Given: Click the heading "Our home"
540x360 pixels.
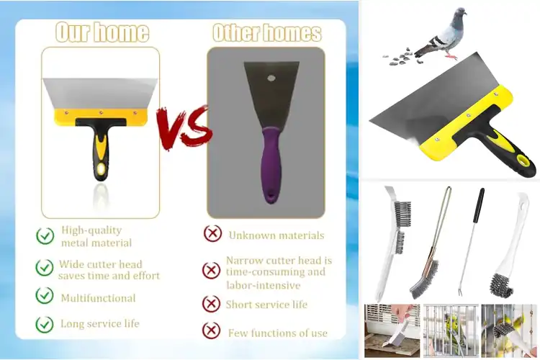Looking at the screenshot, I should pyautogui.click(x=102, y=32).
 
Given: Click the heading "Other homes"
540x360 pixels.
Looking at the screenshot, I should pyautogui.click(x=266, y=32).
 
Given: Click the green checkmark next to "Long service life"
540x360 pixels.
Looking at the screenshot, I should pyautogui.click(x=45, y=324).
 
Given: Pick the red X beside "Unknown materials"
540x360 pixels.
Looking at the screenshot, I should pyautogui.click(x=212, y=234).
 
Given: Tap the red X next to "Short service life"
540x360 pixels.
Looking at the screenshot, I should pyautogui.click(x=211, y=304).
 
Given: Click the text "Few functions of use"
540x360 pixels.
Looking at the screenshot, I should pyautogui.click(x=277, y=333).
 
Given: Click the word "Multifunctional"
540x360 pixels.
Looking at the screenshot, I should pyautogui.click(x=98, y=297).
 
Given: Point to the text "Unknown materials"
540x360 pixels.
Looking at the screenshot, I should pyautogui.click(x=276, y=235).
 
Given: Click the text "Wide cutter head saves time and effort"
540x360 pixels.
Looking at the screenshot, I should pyautogui.click(x=109, y=269).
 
